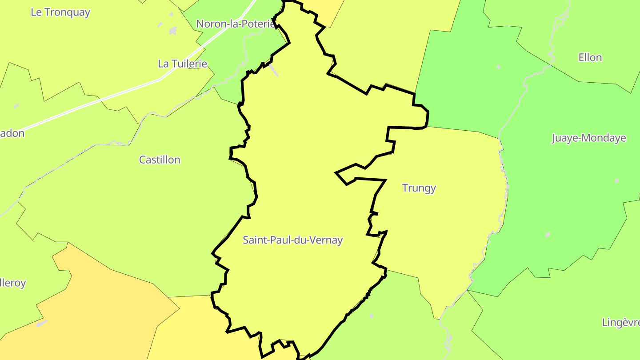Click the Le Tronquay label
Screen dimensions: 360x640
coord(60,12)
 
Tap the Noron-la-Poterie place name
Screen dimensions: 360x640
coord(236,24)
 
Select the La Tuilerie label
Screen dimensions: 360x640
coord(183,64)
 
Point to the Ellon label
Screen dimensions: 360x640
coord(590,58)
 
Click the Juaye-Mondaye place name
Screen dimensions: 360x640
coord(588,138)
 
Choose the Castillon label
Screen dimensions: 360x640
coord(160,160)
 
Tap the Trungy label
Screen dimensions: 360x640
coord(419,188)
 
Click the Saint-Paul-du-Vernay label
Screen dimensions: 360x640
coord(292,240)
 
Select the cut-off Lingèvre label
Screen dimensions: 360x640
coord(620,322)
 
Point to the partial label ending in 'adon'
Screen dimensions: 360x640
coord(12,133)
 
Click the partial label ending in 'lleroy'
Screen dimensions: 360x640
coord(13,283)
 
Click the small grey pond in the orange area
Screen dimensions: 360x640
coord(42,324)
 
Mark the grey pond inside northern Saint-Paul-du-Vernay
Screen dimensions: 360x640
coord(273,69)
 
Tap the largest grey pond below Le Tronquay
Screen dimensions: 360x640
coord(173,31)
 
